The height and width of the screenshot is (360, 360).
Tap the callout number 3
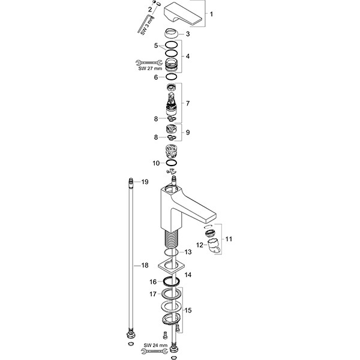[x=188, y=34]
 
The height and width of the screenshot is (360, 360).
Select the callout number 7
[x=188, y=103]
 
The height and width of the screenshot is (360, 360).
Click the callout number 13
[x=188, y=251]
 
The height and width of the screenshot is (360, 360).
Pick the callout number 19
[x=145, y=181]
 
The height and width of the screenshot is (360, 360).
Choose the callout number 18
[x=145, y=265]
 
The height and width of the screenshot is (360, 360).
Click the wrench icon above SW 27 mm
[x=145, y=61]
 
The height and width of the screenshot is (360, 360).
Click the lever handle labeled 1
[x=185, y=12]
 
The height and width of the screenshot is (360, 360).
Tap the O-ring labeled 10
[x=172, y=163]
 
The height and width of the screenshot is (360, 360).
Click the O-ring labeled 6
[x=172, y=77]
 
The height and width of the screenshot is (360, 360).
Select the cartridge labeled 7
[x=172, y=98]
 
